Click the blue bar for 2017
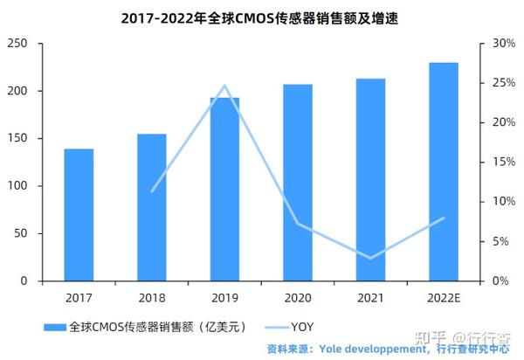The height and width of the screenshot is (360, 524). point(79,215)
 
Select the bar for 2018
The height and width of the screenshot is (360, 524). point(152,208)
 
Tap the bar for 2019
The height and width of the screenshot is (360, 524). point(224,190)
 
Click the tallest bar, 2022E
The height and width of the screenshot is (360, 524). point(444,172)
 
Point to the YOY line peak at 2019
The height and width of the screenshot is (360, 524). point(224,86)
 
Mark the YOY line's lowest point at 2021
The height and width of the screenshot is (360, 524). point(371,258)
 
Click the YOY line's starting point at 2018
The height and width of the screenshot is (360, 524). point(152,191)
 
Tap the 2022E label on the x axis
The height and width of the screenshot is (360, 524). point(444,297)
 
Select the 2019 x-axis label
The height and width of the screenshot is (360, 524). point(224,297)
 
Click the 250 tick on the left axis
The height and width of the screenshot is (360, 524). point(18,44)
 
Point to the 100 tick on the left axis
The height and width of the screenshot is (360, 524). point(18,186)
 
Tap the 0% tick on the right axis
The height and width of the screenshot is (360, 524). point(502,281)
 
